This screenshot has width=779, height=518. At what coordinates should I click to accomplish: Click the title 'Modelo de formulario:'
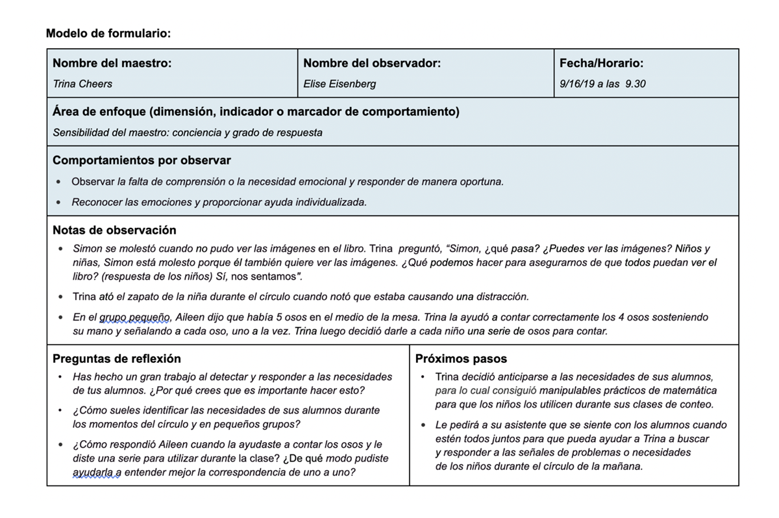tap(108, 33)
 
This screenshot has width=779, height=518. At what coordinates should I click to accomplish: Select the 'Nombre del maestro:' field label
tap(112, 64)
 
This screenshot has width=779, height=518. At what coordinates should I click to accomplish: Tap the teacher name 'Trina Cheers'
tap(82, 84)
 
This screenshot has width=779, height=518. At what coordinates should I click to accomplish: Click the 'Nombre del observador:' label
tap(372, 64)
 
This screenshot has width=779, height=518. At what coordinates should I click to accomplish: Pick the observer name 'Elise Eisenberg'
tap(340, 84)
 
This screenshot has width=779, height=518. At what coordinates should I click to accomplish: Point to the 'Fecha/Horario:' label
tap(601, 64)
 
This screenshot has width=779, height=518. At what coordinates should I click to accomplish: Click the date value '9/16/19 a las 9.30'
tap(602, 84)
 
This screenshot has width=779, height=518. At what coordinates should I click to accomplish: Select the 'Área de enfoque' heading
tap(256, 112)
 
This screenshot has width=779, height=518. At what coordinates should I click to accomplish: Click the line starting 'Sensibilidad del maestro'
tap(188, 133)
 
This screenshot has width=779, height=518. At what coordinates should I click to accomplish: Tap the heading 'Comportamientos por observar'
tap(142, 160)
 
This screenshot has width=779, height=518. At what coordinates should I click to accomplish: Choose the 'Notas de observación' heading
tap(114, 230)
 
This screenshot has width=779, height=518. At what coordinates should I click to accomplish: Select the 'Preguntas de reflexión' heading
tap(117, 359)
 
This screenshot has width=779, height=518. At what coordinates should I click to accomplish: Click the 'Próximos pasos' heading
tap(461, 359)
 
